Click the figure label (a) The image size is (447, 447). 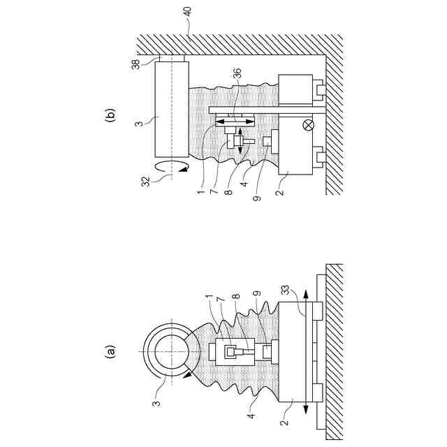110,351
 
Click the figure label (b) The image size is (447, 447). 110,115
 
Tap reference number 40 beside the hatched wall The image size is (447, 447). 188,13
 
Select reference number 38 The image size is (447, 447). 136,64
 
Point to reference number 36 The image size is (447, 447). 237,73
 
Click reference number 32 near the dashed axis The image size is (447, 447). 146,182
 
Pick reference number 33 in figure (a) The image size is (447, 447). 286,291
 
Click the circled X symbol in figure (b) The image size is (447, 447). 309,125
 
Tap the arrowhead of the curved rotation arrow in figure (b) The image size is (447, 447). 184,169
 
